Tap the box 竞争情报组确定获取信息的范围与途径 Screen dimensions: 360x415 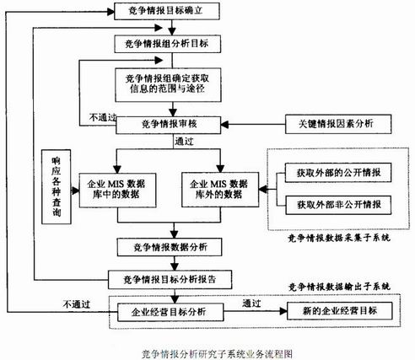coord(174,83)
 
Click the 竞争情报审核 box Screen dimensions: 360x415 coord(173,124)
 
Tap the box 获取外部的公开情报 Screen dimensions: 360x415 coord(330,172)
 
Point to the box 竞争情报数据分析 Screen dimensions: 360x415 coord(173,247)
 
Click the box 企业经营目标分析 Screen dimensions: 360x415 coord(172,313)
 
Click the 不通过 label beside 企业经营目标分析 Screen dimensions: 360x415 coord(75,302)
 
